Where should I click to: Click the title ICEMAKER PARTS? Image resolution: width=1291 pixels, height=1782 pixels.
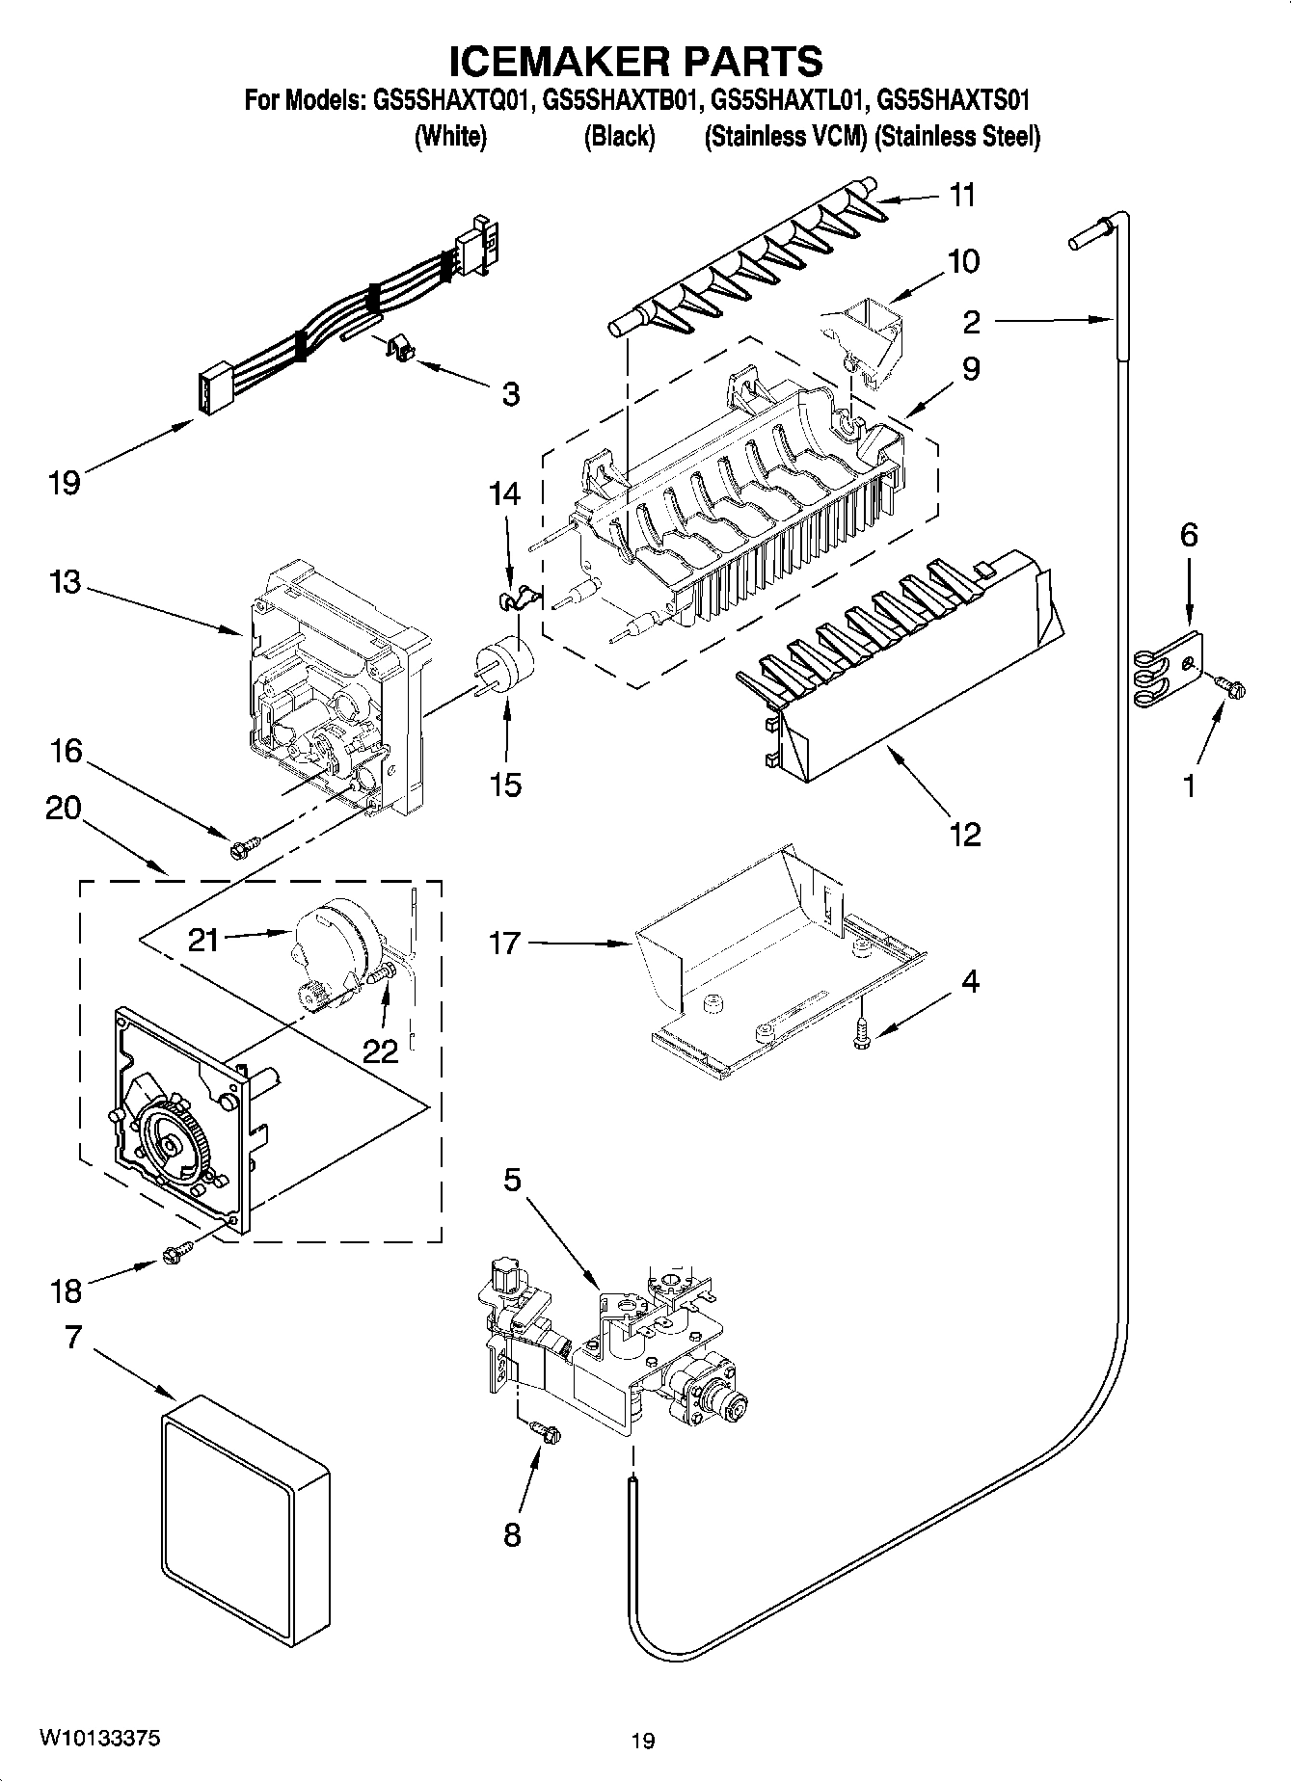coord(637,61)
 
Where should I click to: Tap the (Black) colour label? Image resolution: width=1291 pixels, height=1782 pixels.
coord(619,137)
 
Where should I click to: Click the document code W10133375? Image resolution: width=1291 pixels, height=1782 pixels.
coord(100,1738)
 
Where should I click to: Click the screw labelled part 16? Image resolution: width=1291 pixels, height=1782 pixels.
coord(240,849)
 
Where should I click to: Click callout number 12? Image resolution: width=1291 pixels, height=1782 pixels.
coord(965,834)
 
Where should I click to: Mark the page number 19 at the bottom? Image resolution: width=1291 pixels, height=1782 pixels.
coord(643,1740)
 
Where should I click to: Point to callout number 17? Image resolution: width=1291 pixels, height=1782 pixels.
coord(503,942)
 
